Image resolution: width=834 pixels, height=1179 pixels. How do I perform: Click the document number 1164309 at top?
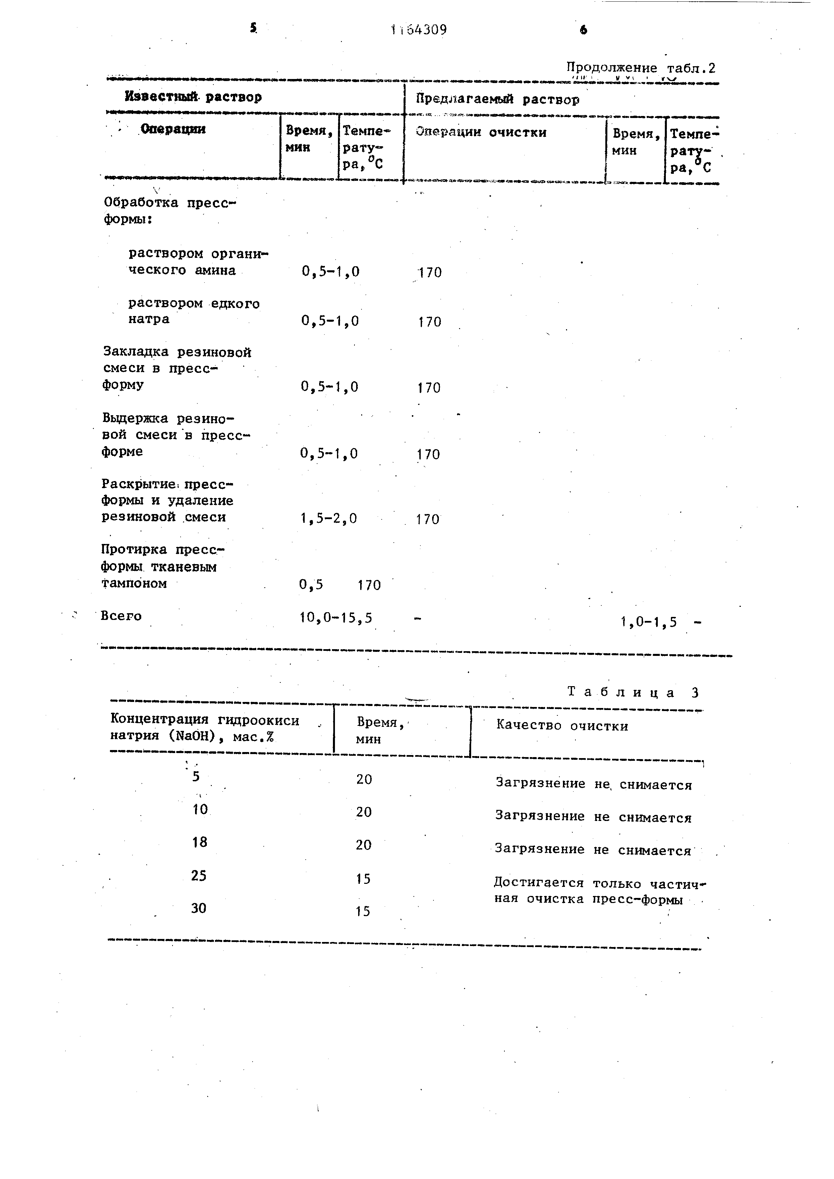click(419, 30)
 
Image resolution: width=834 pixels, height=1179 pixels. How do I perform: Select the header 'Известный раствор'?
click(193, 96)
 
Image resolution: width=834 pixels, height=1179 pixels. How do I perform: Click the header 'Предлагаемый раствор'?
click(497, 99)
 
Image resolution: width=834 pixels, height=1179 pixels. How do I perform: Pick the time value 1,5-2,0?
click(329, 519)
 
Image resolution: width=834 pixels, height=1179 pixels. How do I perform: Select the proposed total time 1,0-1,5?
click(648, 622)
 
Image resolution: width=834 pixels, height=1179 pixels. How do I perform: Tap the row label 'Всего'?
click(121, 616)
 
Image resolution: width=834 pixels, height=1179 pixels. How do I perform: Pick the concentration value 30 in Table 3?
click(199, 908)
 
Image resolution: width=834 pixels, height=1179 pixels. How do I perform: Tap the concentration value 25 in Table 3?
click(199, 875)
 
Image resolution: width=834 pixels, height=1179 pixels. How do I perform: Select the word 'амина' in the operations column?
click(215, 271)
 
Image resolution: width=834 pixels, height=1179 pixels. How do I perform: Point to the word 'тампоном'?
click(134, 583)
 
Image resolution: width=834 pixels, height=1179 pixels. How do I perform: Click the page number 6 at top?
click(583, 30)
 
